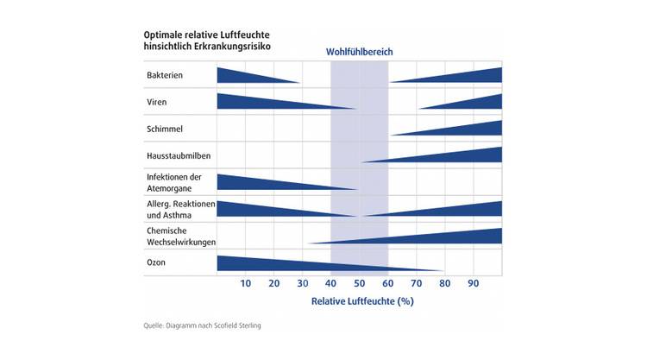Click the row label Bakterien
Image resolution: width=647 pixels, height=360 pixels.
point(165,76)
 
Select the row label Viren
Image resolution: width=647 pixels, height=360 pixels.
point(157,103)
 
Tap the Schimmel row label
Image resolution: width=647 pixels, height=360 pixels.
point(165,129)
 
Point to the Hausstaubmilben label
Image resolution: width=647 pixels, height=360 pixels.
point(179,156)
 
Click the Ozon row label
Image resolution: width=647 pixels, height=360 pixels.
point(157,262)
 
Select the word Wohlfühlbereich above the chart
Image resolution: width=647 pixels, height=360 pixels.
point(359,52)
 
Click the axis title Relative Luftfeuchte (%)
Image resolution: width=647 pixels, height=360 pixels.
point(362,302)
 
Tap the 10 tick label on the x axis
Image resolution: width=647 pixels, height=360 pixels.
point(245,284)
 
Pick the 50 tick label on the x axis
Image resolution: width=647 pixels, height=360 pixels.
point(359,284)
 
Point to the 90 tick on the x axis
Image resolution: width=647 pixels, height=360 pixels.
point(473,284)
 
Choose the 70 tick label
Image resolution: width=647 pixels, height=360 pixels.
point(416,284)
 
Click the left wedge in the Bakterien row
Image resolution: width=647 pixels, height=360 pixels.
point(242,76)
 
